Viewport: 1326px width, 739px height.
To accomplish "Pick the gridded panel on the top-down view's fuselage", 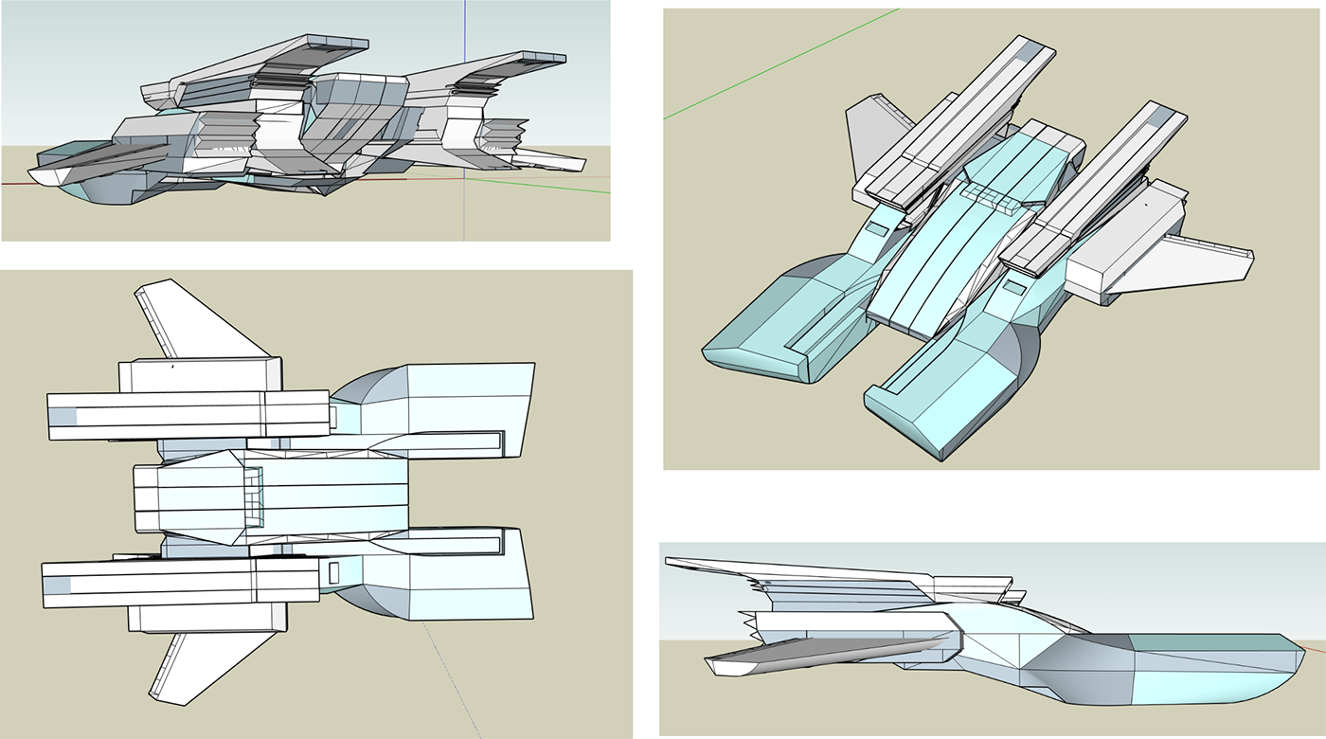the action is (252, 497).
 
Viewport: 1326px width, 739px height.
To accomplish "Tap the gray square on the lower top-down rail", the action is (58, 585).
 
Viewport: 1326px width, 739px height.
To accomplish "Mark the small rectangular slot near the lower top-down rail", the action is (333, 572).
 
